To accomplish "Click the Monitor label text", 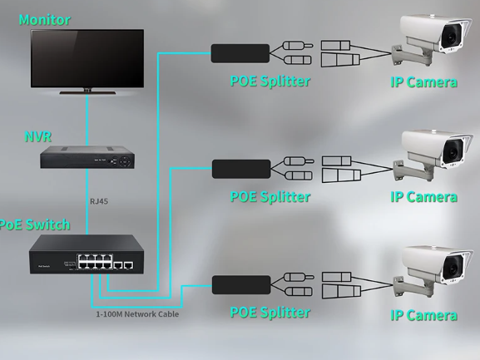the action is [45, 20].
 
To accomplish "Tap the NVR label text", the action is [37, 136].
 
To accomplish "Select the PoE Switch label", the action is [34, 224].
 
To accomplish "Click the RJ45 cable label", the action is [99, 201].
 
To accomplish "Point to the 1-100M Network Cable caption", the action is [137, 314].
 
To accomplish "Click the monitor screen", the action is [87, 58].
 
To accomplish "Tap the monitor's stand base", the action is [87, 91].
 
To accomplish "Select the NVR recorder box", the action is [87, 157].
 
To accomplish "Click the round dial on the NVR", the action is [125, 161].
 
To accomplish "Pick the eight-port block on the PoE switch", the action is [95, 262].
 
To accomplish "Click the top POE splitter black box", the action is [240, 53].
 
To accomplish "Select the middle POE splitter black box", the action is [241, 169].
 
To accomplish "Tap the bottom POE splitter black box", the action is [241, 285].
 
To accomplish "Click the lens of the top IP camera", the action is [451, 38].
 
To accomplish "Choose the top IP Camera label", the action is [423, 82].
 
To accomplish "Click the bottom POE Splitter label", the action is [270, 313].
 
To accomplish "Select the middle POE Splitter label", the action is [270, 197].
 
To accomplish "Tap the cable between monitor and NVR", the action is [87, 120].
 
